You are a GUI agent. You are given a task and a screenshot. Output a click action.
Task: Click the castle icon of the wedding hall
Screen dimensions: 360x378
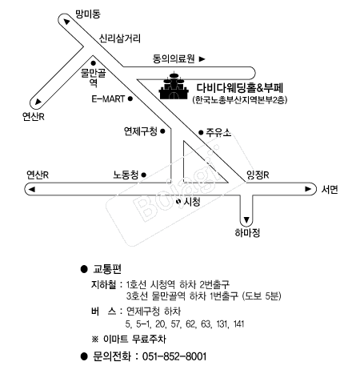click(174, 86)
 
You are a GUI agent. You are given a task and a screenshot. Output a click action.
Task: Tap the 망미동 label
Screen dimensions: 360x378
click(87, 14)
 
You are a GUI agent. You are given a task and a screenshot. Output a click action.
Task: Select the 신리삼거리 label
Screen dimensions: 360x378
click(120, 38)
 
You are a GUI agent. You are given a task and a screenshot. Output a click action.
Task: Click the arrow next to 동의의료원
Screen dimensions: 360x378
click(202, 58)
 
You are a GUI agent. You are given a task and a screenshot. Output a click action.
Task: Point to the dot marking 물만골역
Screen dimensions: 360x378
click(94, 63)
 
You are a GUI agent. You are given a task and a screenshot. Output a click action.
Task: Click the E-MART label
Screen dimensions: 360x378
click(108, 99)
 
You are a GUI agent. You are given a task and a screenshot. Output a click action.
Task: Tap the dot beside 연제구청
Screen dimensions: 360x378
click(162, 131)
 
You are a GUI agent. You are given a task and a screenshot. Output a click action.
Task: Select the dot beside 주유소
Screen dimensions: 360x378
click(201, 132)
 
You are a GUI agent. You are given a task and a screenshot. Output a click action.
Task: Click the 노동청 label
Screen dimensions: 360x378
click(126, 175)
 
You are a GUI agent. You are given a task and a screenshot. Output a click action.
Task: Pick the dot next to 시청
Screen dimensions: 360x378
click(178, 201)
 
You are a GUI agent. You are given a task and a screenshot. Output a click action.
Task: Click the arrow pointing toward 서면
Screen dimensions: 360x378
click(308, 189)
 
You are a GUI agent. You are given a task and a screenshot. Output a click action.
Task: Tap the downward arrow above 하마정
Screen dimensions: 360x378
click(246, 220)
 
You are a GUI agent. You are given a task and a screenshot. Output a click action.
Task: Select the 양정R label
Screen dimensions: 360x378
click(258, 175)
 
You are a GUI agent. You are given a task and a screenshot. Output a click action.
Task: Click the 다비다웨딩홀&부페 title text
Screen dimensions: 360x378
click(240, 87)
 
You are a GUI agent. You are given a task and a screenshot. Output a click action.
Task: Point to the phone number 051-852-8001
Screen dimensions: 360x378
click(174, 356)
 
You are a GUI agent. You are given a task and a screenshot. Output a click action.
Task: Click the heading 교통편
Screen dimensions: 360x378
click(107, 269)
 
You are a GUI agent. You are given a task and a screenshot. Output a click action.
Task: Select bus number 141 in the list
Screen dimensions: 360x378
click(238, 324)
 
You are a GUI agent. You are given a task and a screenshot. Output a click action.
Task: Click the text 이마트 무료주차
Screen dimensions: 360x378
click(134, 339)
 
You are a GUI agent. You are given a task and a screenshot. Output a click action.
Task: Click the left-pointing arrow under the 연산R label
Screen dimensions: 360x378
click(32, 189)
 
